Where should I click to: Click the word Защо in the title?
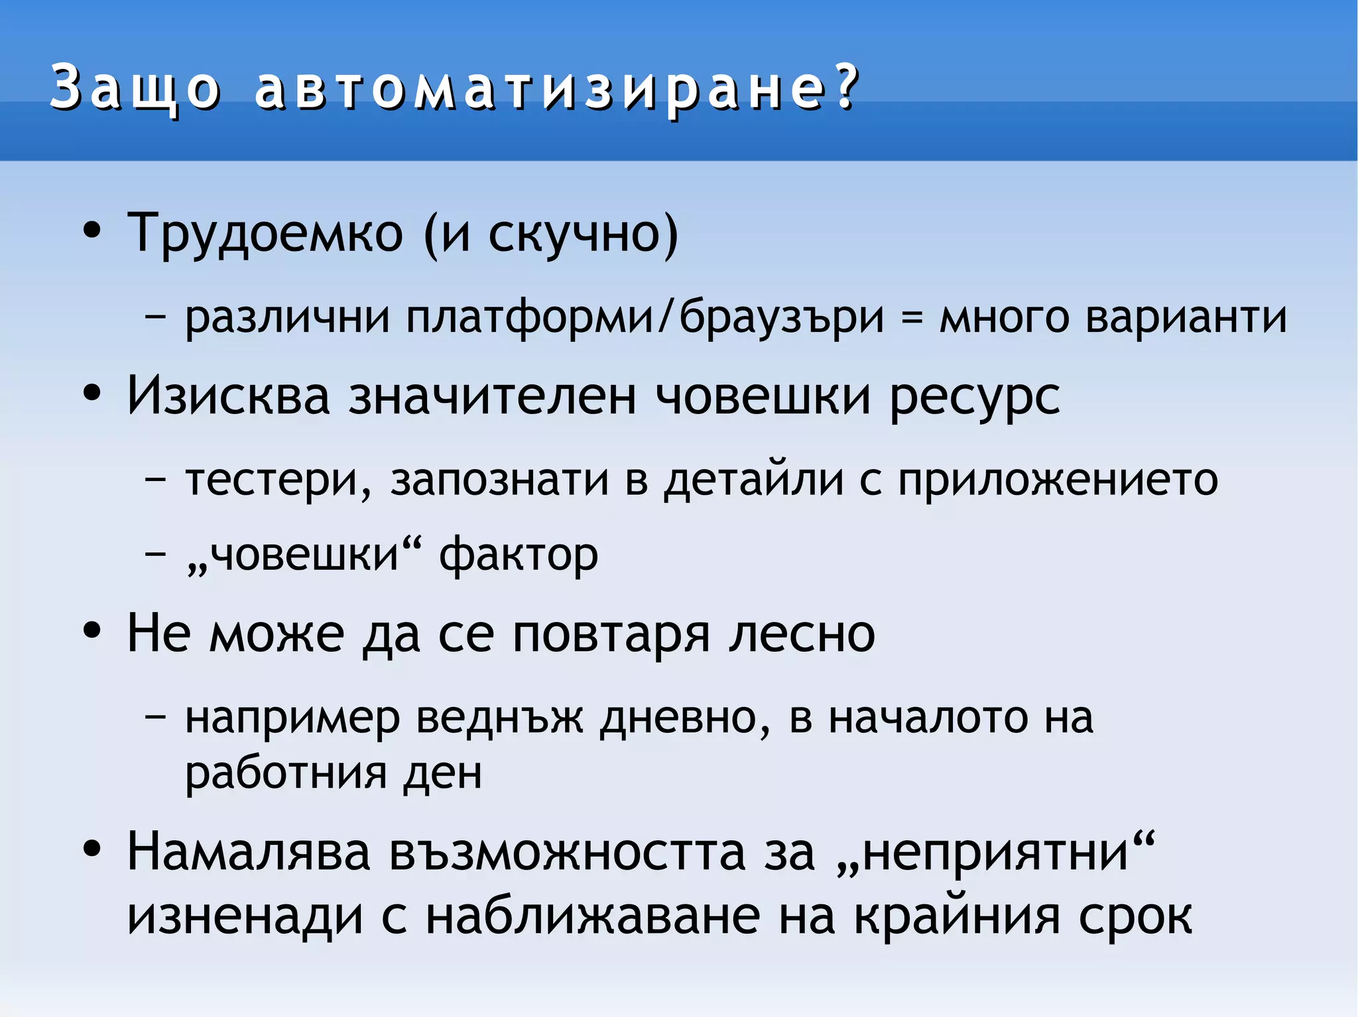point(135,88)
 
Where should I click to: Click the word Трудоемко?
point(265,233)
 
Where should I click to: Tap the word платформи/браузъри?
point(645,317)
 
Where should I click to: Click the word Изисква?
point(228,396)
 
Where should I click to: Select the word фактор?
point(519,555)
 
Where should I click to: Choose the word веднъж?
point(500,718)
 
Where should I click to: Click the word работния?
point(286,773)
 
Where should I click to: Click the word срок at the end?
point(1135,918)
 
